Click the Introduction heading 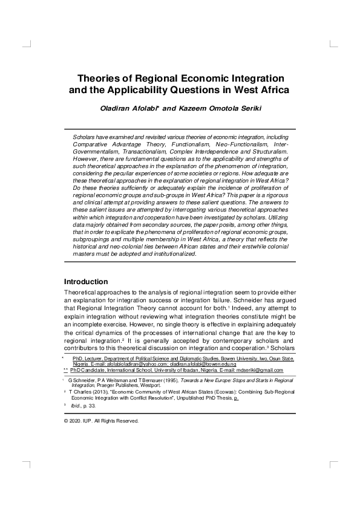point(85,282)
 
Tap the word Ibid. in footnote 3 point(76,406)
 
